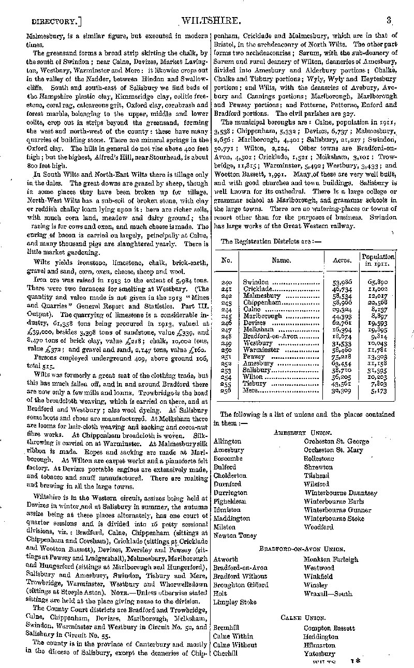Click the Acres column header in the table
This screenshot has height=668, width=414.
pyautogui.click(x=342, y=260)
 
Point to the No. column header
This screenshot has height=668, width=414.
pyautogui.click(x=226, y=260)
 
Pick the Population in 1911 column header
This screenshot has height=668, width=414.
pyautogui.click(x=378, y=260)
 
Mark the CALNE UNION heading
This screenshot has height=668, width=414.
pyautogui.click(x=303, y=618)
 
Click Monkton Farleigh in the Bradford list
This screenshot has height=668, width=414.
pyautogui.click(x=331, y=559)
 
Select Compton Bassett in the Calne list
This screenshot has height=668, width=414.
pyautogui.click(x=329, y=628)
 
